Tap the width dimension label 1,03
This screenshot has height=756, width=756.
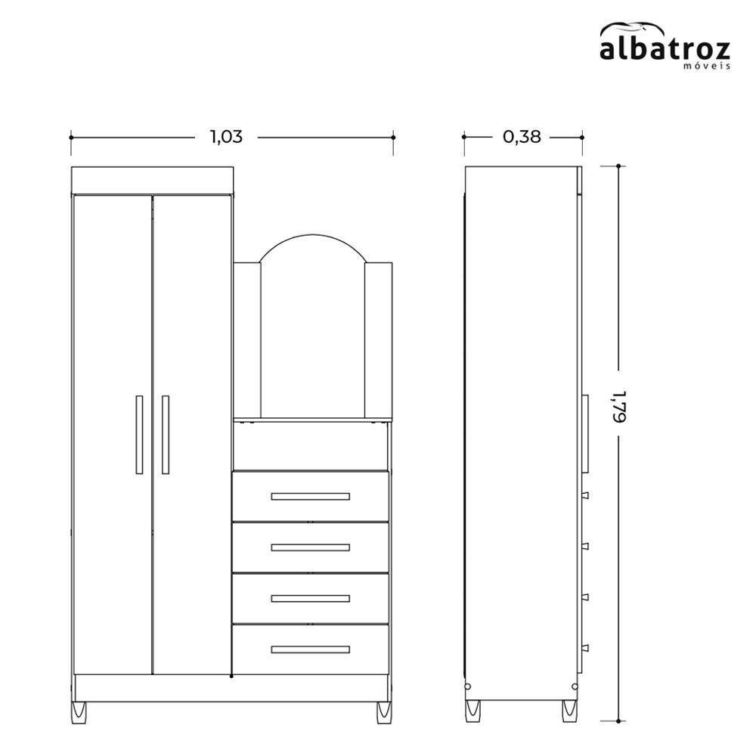coord(226,137)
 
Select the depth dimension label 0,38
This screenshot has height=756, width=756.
coord(522,137)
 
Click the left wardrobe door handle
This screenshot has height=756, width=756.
coord(139,435)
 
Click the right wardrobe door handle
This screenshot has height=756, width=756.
coord(165,435)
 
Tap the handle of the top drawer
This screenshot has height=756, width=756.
coord(310,497)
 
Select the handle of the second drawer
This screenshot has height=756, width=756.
coord(310,547)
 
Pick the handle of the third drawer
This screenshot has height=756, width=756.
coord(310,599)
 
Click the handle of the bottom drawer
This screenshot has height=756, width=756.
coord(310,649)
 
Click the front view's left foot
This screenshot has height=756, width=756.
coord(79,711)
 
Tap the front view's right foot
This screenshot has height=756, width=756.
coord(384,711)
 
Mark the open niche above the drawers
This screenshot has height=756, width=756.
coord(310,446)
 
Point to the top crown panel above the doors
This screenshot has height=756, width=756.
coord(152,181)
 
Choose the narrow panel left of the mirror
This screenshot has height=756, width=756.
coord(246,340)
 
